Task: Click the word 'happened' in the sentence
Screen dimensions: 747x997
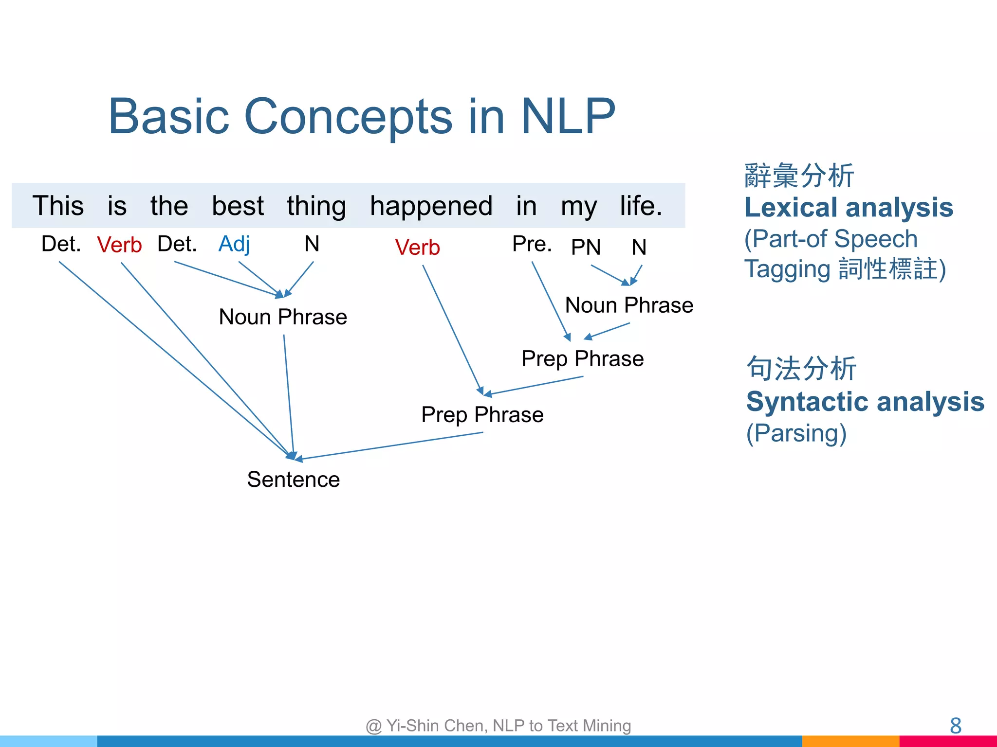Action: pyautogui.click(x=431, y=206)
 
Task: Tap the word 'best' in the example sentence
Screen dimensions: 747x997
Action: pyautogui.click(x=238, y=206)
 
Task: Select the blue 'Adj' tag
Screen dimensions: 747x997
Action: pyautogui.click(x=234, y=244)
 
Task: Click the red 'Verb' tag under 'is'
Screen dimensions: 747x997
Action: pyautogui.click(x=119, y=245)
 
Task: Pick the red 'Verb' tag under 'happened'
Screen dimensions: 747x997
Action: pyautogui.click(x=417, y=248)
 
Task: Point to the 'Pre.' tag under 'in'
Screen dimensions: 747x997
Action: pyautogui.click(x=532, y=244)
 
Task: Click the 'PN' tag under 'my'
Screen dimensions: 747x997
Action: pyautogui.click(x=586, y=247)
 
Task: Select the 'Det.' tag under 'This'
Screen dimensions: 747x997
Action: pyautogui.click(x=61, y=244)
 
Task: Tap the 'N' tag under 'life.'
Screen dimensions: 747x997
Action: pyautogui.click(x=639, y=247)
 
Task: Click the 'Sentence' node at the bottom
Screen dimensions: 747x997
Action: pyautogui.click(x=293, y=480)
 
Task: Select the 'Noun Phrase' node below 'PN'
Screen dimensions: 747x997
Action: pyautogui.click(x=629, y=305)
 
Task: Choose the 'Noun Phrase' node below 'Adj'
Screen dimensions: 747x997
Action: pyautogui.click(x=283, y=317)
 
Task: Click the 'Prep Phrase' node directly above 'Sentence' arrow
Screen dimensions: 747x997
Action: pyautogui.click(x=482, y=415)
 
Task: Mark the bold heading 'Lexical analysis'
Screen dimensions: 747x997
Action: pyautogui.click(x=849, y=208)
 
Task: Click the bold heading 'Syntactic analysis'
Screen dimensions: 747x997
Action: pyautogui.click(x=865, y=402)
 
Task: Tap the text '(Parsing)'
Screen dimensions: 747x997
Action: pyautogui.click(x=796, y=433)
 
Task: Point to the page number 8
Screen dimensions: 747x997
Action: pyautogui.click(x=955, y=726)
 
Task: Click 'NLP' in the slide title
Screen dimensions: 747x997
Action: pyautogui.click(x=568, y=116)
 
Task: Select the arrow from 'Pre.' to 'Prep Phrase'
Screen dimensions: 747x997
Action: pyautogui.click(x=551, y=301)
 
